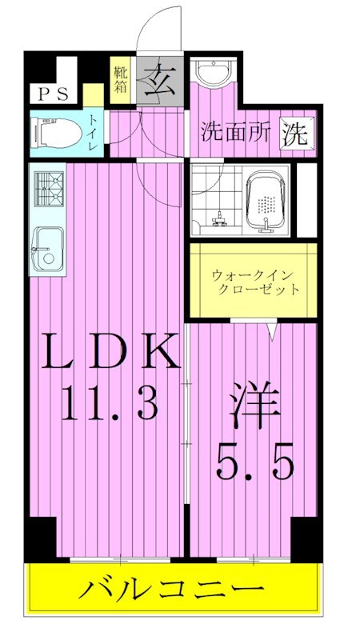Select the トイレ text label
tap(94, 133)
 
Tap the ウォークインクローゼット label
tap(255, 282)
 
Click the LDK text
tap(108, 352)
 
